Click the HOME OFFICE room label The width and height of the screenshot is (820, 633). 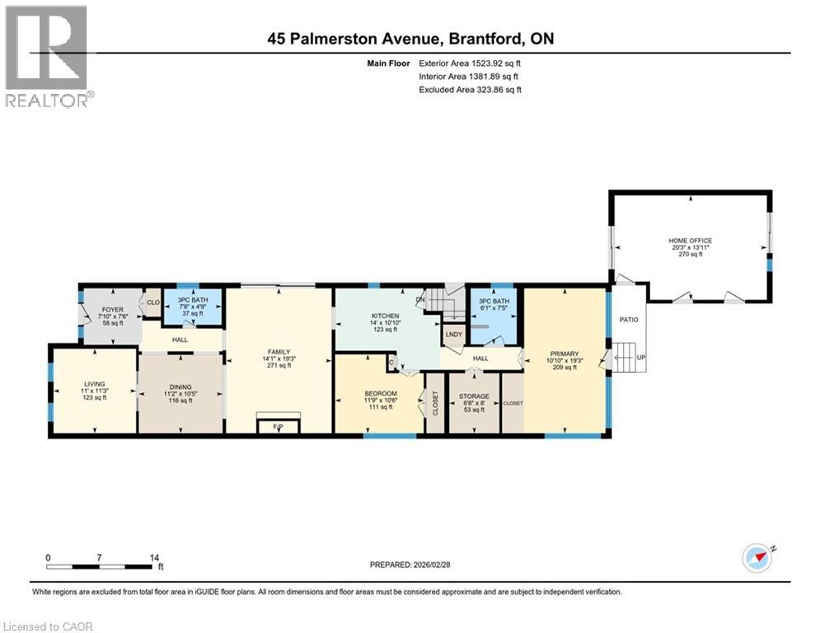[690, 241]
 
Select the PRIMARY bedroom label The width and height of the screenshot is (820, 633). [565, 354]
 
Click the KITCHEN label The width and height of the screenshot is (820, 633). [385, 316]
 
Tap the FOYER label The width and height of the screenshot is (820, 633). [110, 311]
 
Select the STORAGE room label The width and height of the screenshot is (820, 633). [474, 396]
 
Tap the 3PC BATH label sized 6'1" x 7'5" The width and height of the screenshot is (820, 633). [492, 302]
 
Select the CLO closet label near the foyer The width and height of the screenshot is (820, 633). [152, 302]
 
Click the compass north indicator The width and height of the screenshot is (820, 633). [757, 558]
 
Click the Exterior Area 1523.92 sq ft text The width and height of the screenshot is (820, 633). [470, 62]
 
